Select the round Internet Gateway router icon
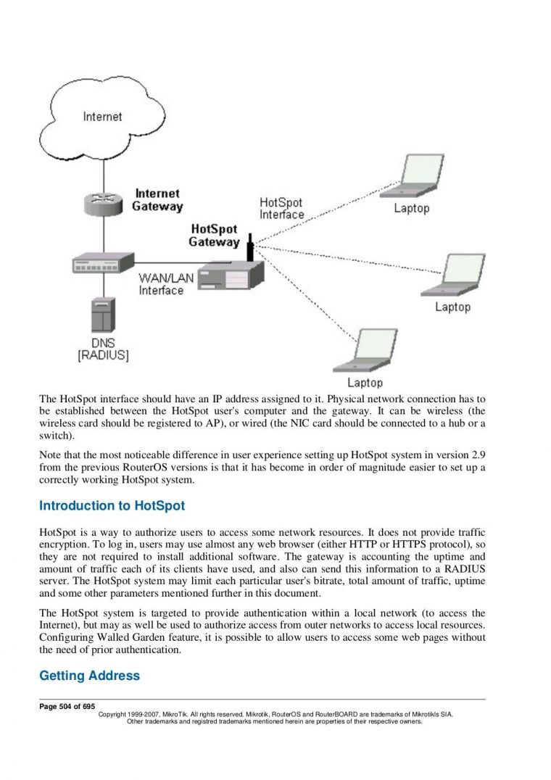pyautogui.click(x=102, y=203)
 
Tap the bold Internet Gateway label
pyautogui.click(x=157, y=200)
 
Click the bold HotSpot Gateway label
pyautogui.click(x=214, y=235)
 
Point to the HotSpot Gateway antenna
pyautogui.click(x=250, y=247)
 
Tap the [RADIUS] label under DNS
pyautogui.click(x=103, y=355)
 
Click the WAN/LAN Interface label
pyautogui.click(x=161, y=284)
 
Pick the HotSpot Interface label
pyautogui.click(x=281, y=209)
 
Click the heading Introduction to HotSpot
pyautogui.click(x=112, y=505)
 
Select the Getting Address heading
pyautogui.click(x=89, y=676)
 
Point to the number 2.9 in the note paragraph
pyautogui.click(x=477, y=454)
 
